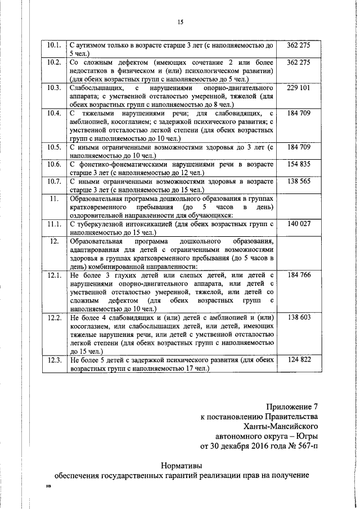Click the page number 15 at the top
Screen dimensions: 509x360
[180, 22]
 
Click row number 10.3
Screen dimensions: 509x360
[55, 88]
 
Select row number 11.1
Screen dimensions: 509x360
[55, 224]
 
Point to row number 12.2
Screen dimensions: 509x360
[55, 317]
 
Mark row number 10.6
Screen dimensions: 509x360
[55, 164]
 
